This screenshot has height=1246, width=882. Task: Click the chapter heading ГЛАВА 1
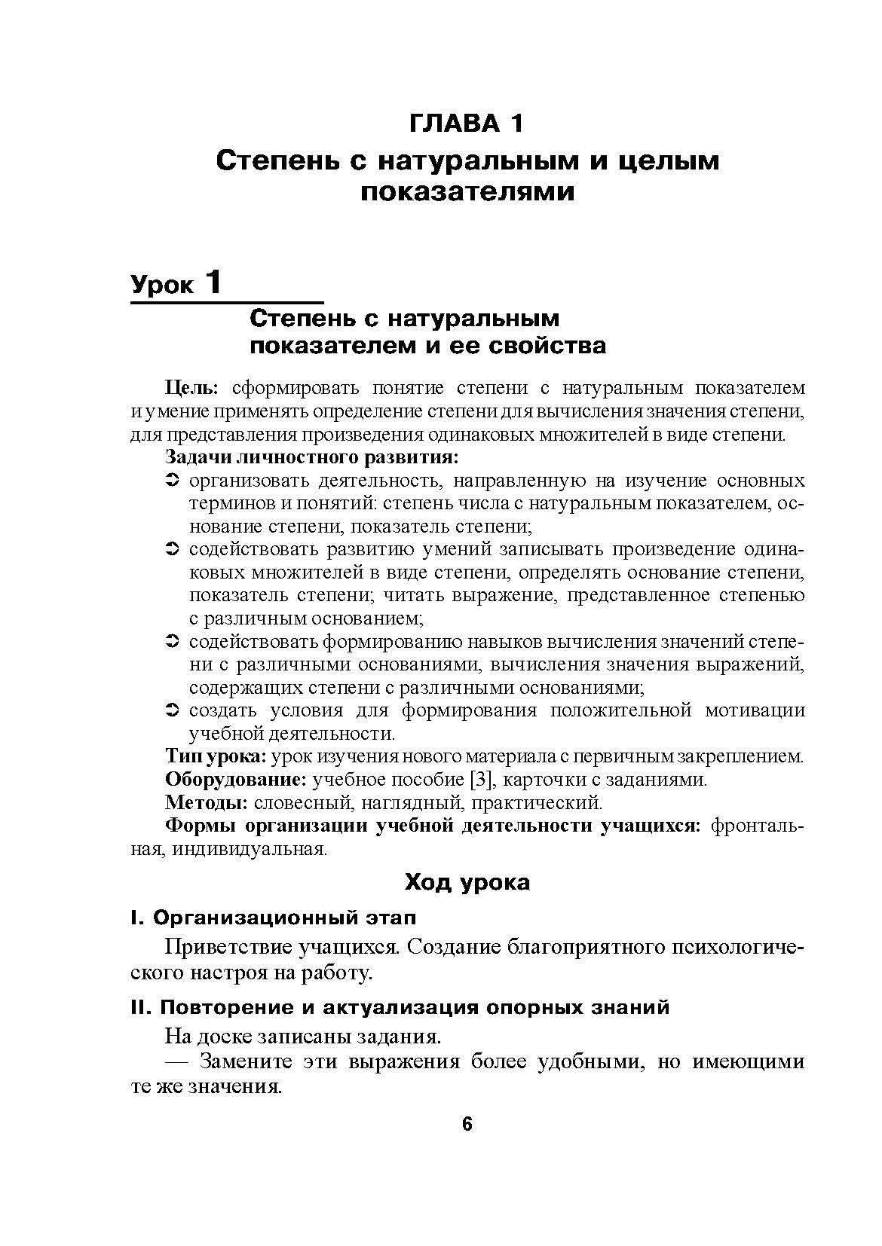tap(465, 123)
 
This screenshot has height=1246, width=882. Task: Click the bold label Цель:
tap(191, 388)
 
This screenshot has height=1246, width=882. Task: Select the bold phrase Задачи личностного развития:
tap(312, 457)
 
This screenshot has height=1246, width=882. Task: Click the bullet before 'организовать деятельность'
tap(171, 481)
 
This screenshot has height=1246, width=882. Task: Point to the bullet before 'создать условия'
tap(171, 710)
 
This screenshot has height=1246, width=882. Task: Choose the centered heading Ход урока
tap(467, 882)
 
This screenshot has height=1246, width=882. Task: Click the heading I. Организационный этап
tap(273, 918)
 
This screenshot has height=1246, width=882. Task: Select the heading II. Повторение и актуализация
tap(400, 1008)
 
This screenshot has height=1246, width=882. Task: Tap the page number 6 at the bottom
tap(467, 1124)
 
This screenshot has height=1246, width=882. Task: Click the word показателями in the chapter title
tap(467, 193)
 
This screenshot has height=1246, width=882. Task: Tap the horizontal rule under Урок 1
tap(227, 303)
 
